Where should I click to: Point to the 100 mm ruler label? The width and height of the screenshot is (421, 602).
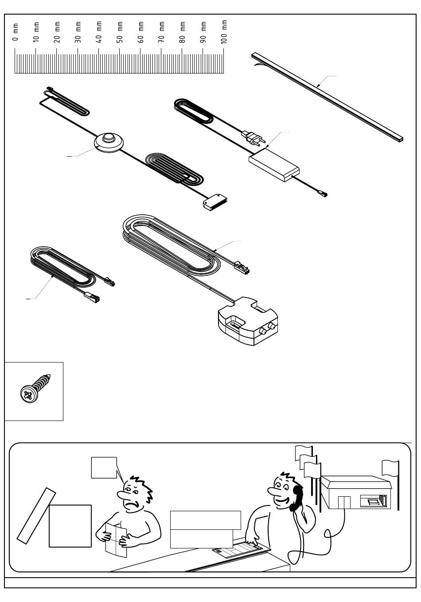224,32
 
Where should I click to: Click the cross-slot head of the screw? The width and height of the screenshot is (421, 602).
28,394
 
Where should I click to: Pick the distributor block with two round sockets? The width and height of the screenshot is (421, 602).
248,322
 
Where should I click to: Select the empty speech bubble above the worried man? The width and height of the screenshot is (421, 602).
104,467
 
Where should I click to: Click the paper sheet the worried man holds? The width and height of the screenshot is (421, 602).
116,539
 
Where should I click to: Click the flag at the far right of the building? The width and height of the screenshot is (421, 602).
390,467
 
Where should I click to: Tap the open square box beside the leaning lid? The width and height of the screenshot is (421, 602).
70,526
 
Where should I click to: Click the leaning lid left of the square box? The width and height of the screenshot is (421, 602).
36,515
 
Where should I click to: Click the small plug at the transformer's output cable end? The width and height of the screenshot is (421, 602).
322,193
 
